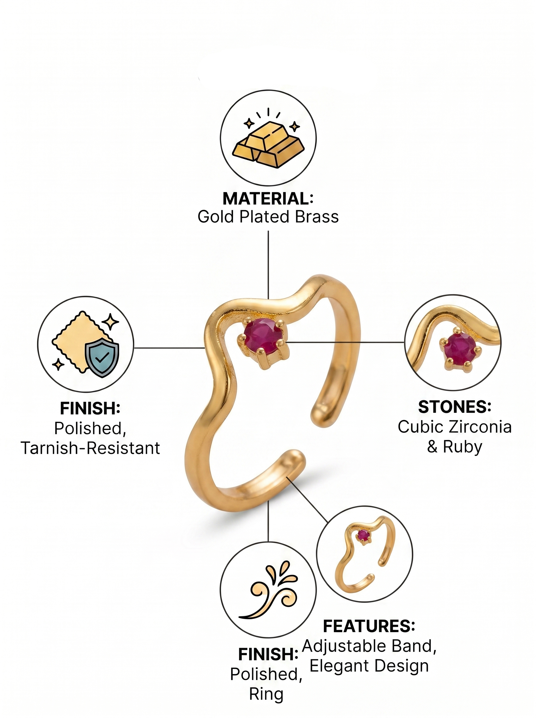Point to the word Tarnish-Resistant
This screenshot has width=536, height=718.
point(91,448)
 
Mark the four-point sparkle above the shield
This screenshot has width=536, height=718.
point(110,322)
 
